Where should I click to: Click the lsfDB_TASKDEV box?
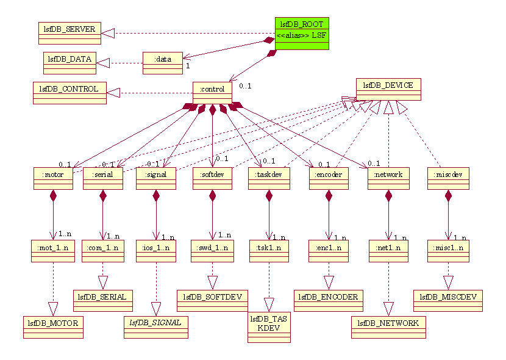(268, 324)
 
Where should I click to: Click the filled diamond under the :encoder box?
(329, 196)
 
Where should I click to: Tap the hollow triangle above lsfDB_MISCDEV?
(448, 283)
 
